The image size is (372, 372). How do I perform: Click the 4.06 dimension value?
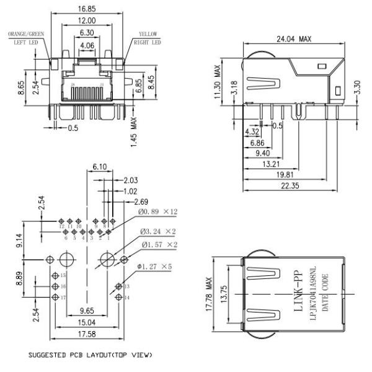[x=87, y=45]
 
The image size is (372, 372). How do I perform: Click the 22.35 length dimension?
[x=296, y=188]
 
